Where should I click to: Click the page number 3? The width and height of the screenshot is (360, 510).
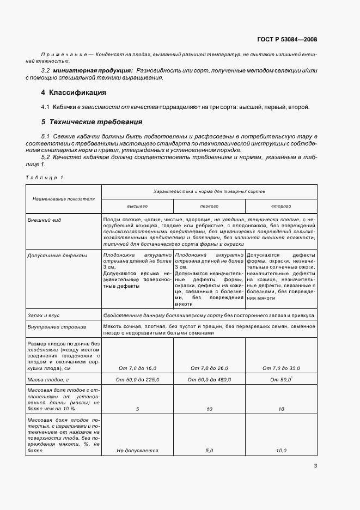click(315, 466)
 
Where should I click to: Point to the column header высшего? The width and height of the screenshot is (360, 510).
click(137, 207)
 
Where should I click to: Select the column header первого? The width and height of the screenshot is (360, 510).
click(209, 207)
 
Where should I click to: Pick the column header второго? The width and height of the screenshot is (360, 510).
click(281, 207)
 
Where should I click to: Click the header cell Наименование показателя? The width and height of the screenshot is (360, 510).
click(63, 199)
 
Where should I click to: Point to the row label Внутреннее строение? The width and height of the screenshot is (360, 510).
click(57, 327)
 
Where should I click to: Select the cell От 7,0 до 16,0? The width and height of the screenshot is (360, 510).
click(137, 368)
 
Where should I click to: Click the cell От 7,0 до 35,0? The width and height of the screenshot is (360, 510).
click(281, 368)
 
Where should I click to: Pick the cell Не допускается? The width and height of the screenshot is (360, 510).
click(137, 451)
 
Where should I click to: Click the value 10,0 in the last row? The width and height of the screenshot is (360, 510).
click(281, 451)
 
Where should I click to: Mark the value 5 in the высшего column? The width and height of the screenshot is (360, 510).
click(137, 408)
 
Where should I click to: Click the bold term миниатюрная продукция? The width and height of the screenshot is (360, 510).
click(92, 71)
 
